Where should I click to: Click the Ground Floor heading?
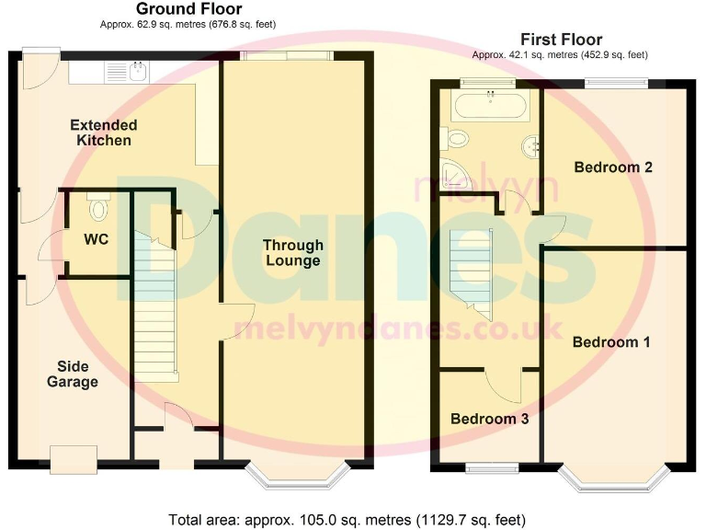pos(188,9)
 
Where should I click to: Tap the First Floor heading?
pos(561,40)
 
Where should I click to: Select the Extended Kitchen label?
pos(104,132)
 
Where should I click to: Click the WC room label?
pos(97,239)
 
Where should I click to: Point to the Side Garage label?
pos(73,374)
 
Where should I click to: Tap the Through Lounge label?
pos(292,253)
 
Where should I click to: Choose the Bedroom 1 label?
pos(611,342)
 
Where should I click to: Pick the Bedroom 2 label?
pos(613,167)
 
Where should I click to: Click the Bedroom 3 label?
pos(489,419)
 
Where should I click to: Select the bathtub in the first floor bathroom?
pos(489,107)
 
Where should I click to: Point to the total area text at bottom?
pos(347,519)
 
